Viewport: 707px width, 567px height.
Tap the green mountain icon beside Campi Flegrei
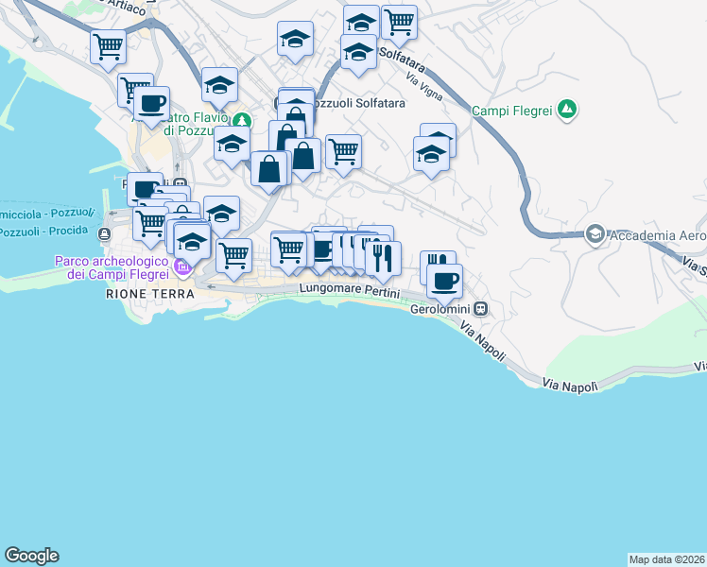click(567, 110)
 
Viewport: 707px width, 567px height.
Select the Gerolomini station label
click(442, 308)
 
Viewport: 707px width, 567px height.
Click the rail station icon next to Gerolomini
click(482, 308)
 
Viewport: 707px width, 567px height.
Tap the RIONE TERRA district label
click(150, 294)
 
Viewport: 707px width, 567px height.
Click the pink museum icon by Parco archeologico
click(182, 268)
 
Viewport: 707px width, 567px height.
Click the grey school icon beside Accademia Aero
click(595, 233)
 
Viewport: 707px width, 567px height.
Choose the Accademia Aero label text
click(658, 234)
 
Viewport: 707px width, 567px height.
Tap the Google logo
click(31, 556)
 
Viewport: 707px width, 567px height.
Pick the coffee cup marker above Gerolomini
click(444, 279)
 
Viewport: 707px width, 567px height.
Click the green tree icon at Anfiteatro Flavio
click(243, 120)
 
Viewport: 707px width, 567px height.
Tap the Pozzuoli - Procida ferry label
click(45, 232)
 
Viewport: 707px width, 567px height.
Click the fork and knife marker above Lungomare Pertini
click(383, 258)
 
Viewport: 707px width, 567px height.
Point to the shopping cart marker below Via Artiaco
click(109, 45)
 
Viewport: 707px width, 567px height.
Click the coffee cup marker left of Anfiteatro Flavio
click(151, 103)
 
